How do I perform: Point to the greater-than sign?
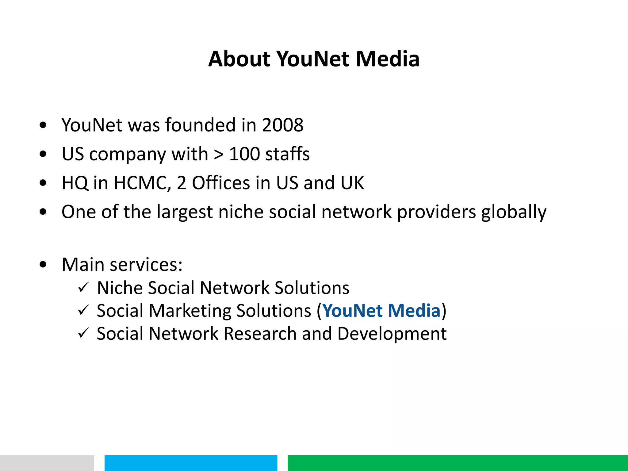pyautogui.click(x=219, y=155)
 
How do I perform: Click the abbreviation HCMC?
pyautogui.click(x=142, y=183)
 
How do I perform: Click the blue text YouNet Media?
pyautogui.click(x=381, y=311)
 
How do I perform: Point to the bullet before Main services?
pyautogui.click(x=43, y=264)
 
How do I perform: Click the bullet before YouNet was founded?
pyautogui.click(x=43, y=125)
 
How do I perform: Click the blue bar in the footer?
pyautogui.click(x=191, y=463)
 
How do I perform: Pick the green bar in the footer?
pyautogui.click(x=458, y=463)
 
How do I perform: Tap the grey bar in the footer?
pyautogui.click(x=47, y=463)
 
